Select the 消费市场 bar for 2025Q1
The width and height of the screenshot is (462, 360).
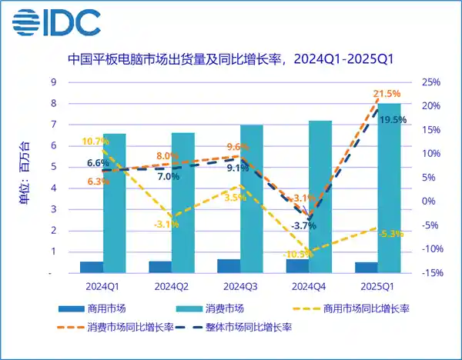click(389, 188)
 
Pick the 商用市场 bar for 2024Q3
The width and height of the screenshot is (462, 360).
click(229, 266)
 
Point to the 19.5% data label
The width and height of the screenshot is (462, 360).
click(394, 119)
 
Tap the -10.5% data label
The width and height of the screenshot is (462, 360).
click(296, 254)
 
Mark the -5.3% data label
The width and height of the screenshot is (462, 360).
click(390, 234)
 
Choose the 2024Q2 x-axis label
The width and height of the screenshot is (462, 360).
click(171, 287)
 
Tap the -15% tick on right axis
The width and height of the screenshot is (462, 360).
click(430, 272)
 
